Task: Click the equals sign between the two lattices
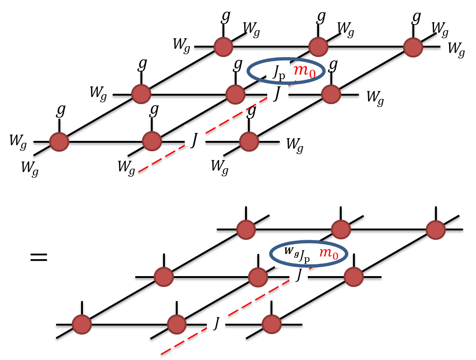pos(39,257)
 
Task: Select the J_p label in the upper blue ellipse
pos(279,72)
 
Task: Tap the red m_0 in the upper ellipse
pos(304,72)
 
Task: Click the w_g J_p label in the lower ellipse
pos(297,254)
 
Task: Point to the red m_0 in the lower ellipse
pos(329,254)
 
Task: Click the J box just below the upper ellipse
pos(278,92)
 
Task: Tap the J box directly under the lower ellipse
pos(299,274)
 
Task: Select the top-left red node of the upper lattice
pos(223,47)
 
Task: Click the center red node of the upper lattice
pos(236,94)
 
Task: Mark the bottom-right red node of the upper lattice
pos(249,141)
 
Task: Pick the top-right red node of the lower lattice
pos(435,229)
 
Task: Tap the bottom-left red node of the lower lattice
pos(82,325)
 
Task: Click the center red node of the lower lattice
pos(258,277)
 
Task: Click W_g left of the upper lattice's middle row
pos(98,93)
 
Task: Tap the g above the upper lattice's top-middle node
pos(321,16)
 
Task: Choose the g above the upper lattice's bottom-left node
pos(61,109)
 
